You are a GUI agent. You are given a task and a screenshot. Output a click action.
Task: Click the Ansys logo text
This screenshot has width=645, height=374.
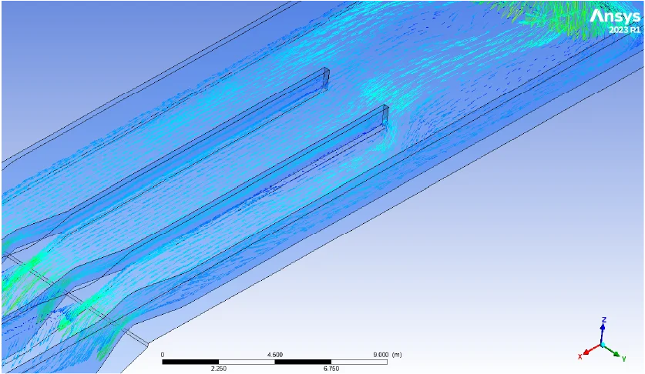pos(615,16)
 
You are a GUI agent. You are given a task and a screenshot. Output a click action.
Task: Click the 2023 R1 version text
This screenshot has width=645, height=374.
pos(625,30)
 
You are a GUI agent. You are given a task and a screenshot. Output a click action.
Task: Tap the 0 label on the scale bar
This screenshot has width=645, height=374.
pos(163,355)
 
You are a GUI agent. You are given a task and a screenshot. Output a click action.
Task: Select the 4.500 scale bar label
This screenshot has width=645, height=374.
pos(274,355)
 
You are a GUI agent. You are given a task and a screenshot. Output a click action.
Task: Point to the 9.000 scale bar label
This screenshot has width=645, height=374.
pos(381,355)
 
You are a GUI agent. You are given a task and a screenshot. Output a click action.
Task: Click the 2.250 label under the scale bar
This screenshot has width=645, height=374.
pos(218,369)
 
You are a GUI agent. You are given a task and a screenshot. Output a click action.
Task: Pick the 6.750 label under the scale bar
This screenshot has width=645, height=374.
pos(331,369)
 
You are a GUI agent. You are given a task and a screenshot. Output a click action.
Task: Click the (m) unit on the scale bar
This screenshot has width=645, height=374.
pos(397,355)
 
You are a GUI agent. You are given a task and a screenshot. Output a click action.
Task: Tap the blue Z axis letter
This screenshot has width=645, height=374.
pos(603,319)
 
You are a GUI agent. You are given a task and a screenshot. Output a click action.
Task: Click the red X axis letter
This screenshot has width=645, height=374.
pos(580,356)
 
